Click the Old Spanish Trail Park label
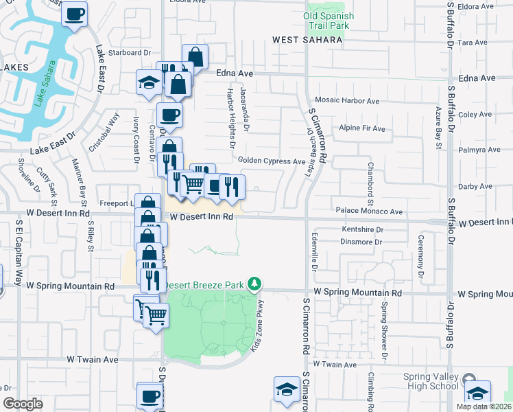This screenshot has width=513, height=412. (x=330, y=21)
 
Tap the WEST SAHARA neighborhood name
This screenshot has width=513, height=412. (x=307, y=41)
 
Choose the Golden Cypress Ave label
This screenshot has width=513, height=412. (x=272, y=161)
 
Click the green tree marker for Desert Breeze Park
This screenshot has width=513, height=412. (x=254, y=283)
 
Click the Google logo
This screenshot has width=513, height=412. (x=23, y=404)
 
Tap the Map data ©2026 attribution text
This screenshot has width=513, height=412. (x=484, y=407)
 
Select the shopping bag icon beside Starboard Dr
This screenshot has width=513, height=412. (x=195, y=56)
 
